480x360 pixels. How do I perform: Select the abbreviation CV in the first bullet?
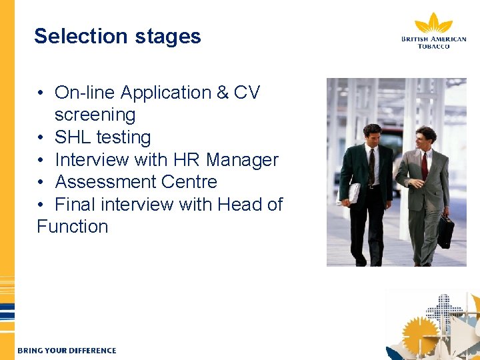(247, 93)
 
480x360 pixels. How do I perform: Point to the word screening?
(95, 115)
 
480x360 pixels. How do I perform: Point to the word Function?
(72, 227)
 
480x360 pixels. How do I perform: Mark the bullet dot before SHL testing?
(41, 138)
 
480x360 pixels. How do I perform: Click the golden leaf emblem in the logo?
(433, 24)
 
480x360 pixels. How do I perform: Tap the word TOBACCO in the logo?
(433, 46)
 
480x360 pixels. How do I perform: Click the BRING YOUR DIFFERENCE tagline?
(67, 351)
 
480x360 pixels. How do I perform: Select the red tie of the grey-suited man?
(424, 165)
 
